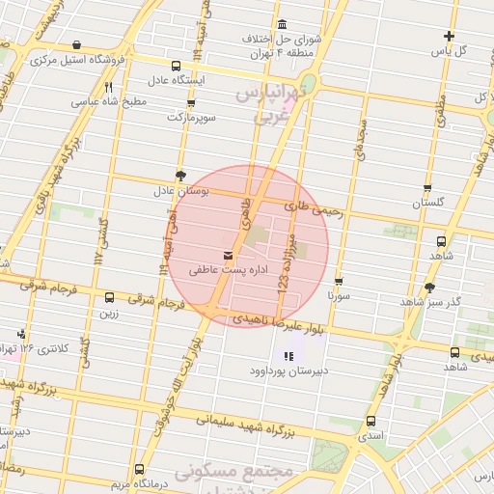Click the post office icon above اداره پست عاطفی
(x=228, y=256)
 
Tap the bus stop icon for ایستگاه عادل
(x=175, y=66)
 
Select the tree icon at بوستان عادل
(x=181, y=175)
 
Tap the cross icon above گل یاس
(x=449, y=36)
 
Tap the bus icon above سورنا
(x=338, y=281)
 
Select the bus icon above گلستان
(x=426, y=189)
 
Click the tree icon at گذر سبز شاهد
(x=429, y=287)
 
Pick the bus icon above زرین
(x=108, y=298)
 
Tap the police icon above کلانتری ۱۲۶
(x=21, y=334)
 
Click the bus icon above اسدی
(x=370, y=421)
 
